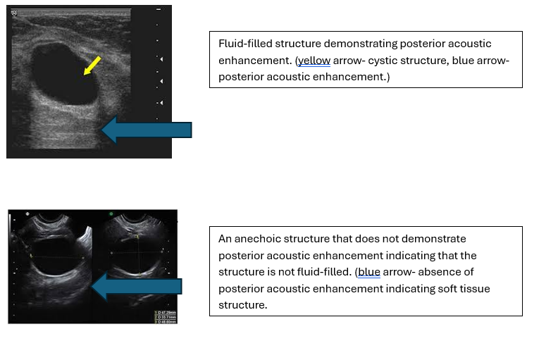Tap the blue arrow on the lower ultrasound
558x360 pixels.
(x=137, y=286)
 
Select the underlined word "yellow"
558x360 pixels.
(x=314, y=61)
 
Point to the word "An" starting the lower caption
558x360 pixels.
(x=225, y=239)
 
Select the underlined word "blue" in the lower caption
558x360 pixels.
(x=369, y=271)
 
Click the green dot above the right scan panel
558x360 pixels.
(x=111, y=213)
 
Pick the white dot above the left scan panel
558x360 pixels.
(x=26, y=213)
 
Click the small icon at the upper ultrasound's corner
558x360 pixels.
(x=13, y=13)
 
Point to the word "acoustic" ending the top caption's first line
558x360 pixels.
(x=471, y=44)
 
